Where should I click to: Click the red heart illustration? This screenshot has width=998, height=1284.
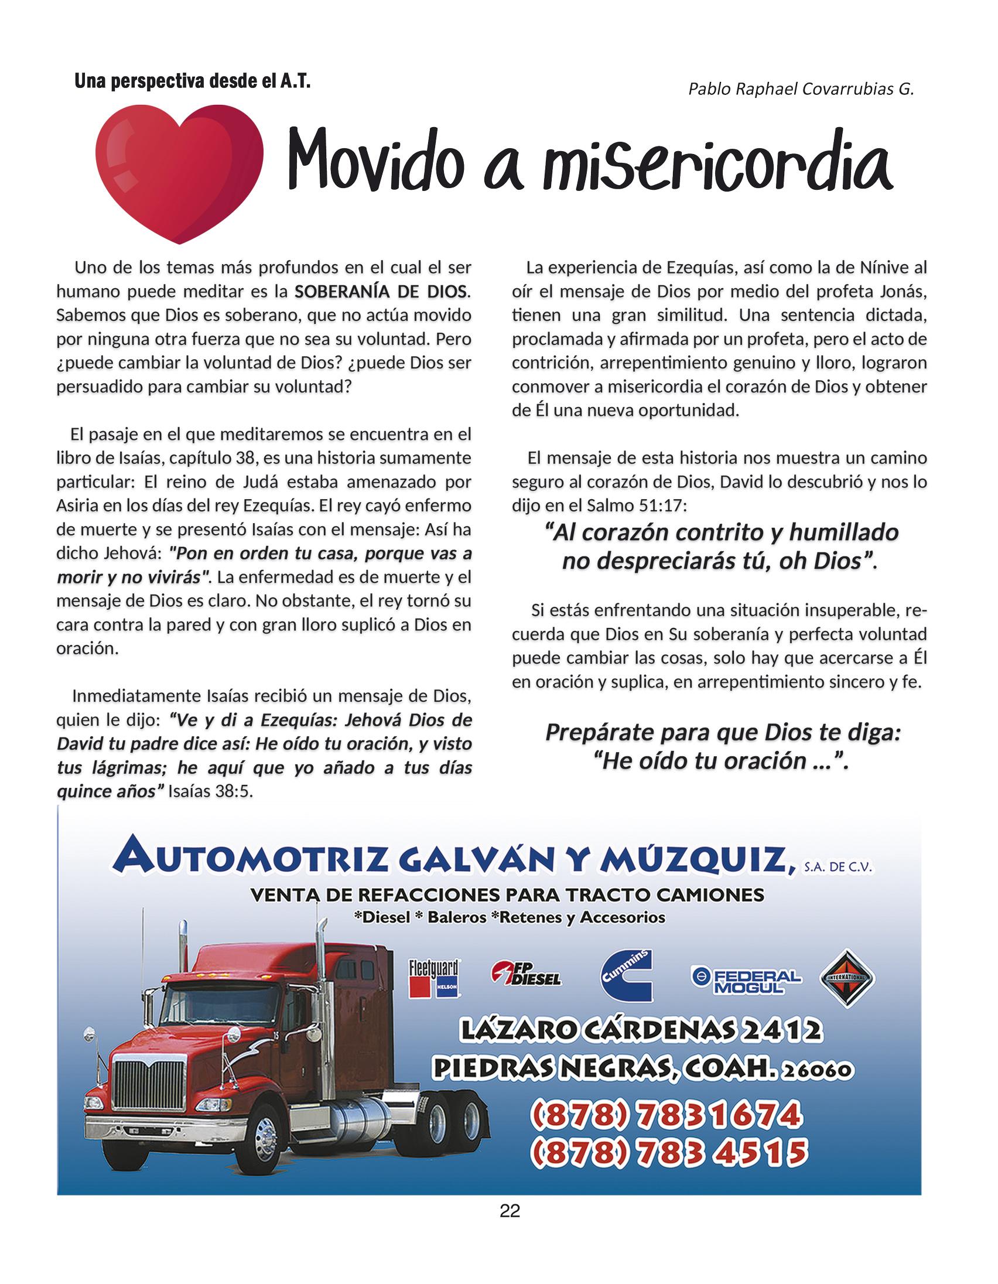(179, 170)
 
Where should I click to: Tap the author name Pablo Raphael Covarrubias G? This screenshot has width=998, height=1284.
(801, 89)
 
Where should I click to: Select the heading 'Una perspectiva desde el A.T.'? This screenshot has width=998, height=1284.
(192, 81)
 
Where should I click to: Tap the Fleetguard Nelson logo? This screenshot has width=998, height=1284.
(434, 978)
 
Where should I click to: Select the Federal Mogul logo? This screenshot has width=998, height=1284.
(746, 979)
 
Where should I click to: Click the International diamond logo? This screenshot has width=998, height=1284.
(847, 978)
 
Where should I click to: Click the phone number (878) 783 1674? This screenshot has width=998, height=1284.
(666, 1115)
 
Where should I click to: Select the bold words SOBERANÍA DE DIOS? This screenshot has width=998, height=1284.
(381, 292)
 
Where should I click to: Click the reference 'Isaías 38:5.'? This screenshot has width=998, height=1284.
(210, 792)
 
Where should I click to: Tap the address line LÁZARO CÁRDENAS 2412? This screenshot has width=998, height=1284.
(641, 1029)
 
